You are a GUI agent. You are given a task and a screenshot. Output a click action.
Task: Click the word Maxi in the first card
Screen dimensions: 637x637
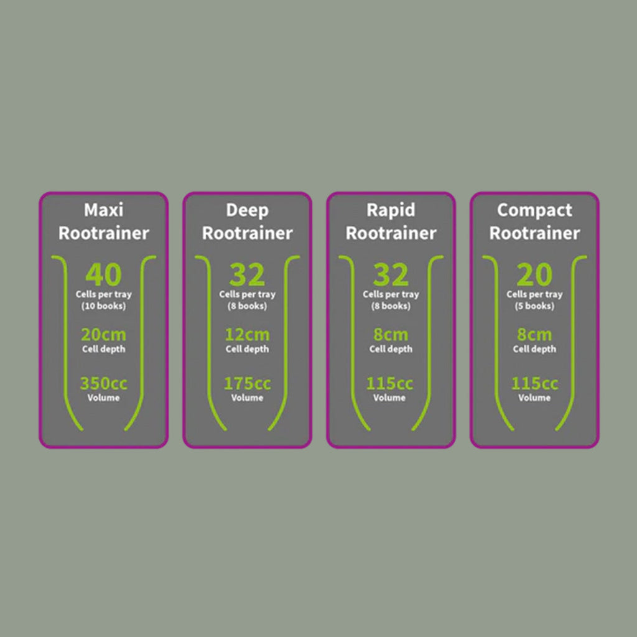click(104, 210)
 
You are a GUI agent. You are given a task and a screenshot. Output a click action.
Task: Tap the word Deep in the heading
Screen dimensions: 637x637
click(247, 211)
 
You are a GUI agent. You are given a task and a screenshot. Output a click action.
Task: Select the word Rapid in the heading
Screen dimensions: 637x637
click(391, 211)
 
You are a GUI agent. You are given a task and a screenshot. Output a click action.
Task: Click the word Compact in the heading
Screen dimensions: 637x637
click(534, 211)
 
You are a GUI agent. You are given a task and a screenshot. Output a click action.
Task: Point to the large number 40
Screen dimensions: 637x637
click(104, 274)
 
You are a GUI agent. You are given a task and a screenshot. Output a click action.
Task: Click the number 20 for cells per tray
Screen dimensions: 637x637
click(534, 274)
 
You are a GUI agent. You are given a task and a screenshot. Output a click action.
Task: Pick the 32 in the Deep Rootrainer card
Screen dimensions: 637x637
click(247, 274)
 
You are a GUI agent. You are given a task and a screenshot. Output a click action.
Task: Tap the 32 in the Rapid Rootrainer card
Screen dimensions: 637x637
click(391, 274)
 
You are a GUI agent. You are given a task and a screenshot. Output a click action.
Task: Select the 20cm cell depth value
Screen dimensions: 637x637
click(104, 335)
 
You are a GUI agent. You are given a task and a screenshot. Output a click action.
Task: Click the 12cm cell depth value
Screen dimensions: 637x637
click(247, 335)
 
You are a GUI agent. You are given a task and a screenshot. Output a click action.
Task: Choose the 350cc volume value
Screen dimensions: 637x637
click(104, 383)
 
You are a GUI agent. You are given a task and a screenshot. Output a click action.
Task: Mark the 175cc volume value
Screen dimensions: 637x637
click(247, 383)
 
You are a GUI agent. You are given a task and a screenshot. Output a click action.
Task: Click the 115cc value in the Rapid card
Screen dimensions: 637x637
click(389, 383)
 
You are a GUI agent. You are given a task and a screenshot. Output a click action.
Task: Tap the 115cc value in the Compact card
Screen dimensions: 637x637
click(534, 383)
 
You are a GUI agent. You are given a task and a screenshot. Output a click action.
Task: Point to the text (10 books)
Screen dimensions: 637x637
click(104, 306)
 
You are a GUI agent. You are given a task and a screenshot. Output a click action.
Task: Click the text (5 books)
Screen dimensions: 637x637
click(534, 306)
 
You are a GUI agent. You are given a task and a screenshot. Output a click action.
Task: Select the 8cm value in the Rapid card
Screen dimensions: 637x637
click(391, 335)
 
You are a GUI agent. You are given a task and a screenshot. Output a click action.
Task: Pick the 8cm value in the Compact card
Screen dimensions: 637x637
click(534, 335)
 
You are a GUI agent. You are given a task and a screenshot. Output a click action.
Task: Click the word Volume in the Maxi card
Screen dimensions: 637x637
click(104, 398)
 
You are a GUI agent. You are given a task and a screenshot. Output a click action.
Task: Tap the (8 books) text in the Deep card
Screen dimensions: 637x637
click(247, 306)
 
